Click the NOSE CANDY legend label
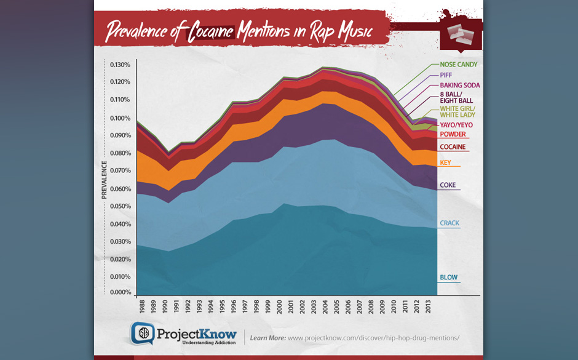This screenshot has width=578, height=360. [458, 65]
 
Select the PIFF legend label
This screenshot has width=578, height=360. [446, 75]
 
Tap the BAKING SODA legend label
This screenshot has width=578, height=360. [460, 86]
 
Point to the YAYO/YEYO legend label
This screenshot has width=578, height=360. [456, 125]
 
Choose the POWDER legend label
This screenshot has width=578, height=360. [453, 134]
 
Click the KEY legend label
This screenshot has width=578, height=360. [445, 163]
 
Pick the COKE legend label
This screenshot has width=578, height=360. [448, 185]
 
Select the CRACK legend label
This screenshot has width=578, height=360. [449, 223]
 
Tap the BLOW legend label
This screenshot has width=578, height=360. [448, 278]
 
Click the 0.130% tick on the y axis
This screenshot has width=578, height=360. [120, 65]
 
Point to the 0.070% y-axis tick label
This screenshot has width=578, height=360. [120, 170]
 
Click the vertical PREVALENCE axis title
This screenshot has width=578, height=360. [105, 180]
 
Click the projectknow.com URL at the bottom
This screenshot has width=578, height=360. [373, 338]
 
